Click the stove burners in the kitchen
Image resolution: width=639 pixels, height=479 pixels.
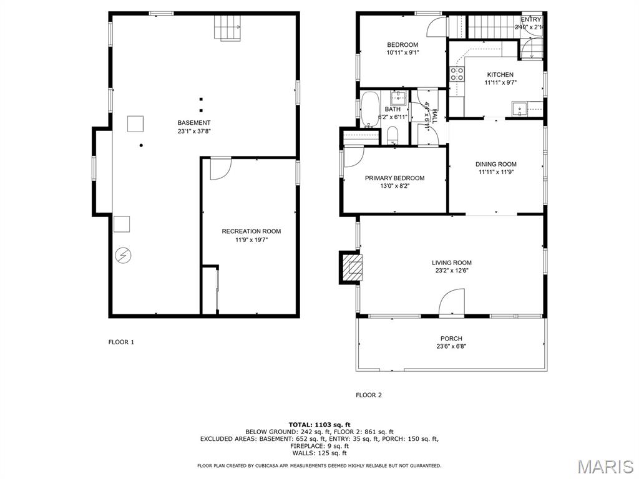click(457, 74)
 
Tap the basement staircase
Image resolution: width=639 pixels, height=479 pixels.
click(228, 27)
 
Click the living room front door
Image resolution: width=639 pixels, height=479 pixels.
click(452, 302)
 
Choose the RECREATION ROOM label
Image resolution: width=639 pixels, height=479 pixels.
click(251, 231)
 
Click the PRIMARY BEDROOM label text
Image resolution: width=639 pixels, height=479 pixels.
click(394, 178)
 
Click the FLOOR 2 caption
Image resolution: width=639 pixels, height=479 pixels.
click(368, 395)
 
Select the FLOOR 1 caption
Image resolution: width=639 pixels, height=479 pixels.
click(121, 342)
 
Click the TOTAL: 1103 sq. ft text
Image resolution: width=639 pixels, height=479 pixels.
click(319, 424)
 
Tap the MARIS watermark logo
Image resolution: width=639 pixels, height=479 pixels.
click(605, 466)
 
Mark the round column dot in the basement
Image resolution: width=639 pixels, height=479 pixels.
click(142, 145)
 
